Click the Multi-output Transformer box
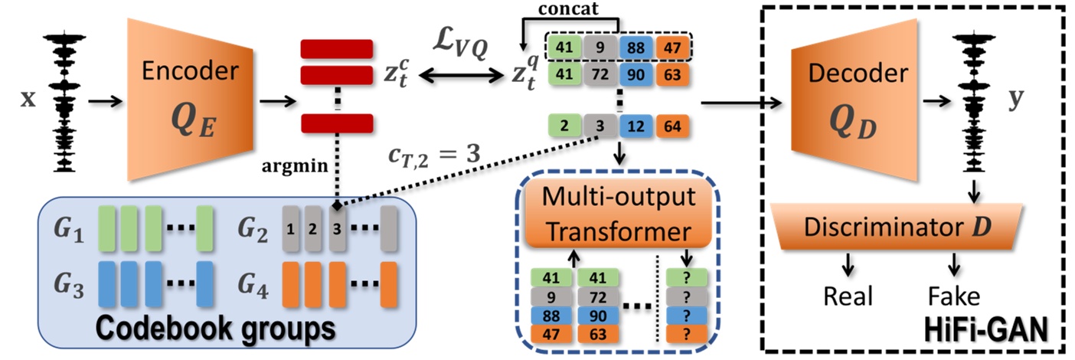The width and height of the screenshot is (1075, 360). (x=619, y=213)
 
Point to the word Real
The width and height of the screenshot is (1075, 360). (x=848, y=296)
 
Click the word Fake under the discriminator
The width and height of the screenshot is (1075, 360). (x=953, y=296)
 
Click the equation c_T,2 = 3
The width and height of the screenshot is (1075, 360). (x=433, y=153)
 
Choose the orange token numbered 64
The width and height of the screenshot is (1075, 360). (x=672, y=125)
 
